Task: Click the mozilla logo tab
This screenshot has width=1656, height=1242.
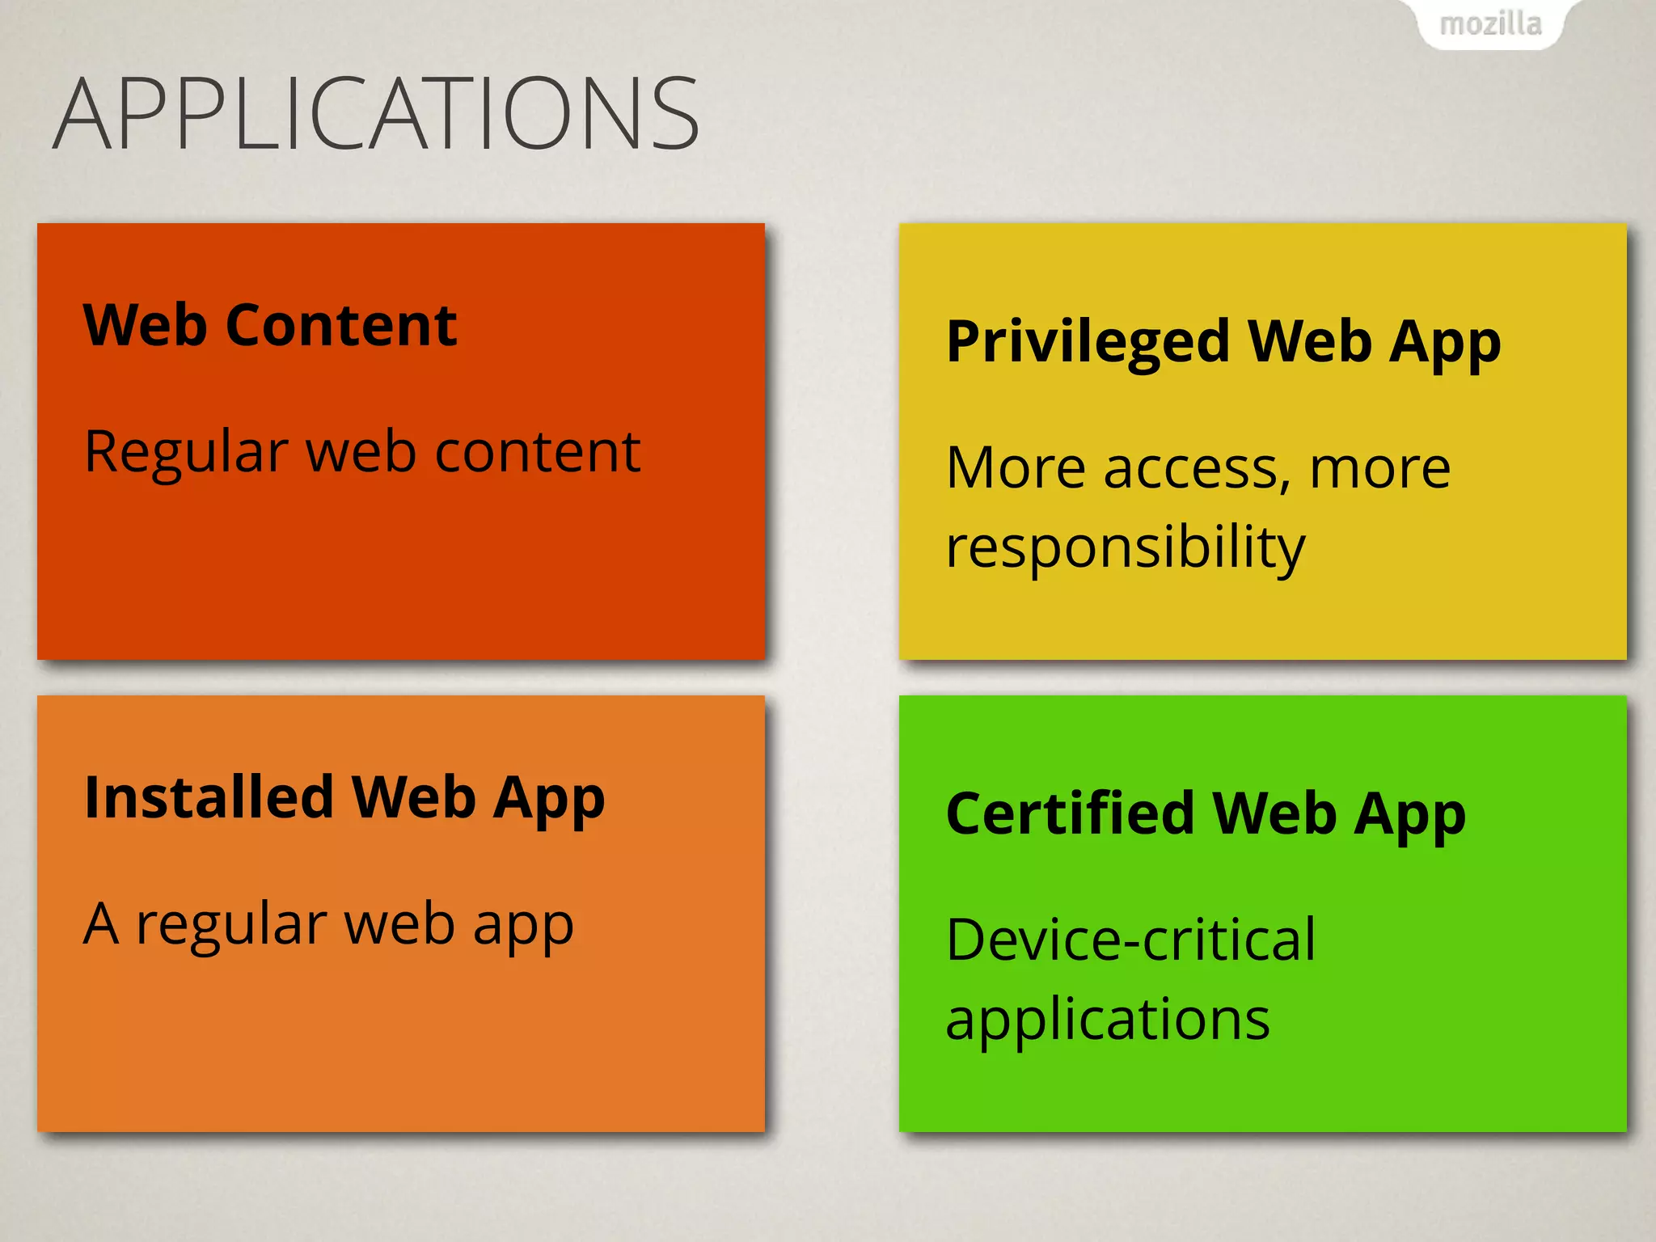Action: pyautogui.click(x=1490, y=24)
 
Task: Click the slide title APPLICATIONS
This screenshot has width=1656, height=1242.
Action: pyautogui.click(x=376, y=114)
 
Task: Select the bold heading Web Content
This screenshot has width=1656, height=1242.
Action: pyautogui.click(x=270, y=325)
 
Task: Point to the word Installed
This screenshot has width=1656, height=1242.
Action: pyautogui.click(x=209, y=797)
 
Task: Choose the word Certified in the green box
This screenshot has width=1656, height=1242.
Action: pyautogui.click(x=1070, y=813)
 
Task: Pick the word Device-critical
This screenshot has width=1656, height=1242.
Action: pyautogui.click(x=1130, y=940)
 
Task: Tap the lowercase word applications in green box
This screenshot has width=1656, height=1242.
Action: pyautogui.click(x=1108, y=1020)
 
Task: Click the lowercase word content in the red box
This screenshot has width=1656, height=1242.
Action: pyautogui.click(x=538, y=452)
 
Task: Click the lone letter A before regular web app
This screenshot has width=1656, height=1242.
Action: pyautogui.click(x=101, y=923)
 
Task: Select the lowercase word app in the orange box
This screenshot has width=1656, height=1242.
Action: pyautogui.click(x=523, y=927)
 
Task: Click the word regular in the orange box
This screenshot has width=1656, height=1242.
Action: pyautogui.click(x=231, y=927)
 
